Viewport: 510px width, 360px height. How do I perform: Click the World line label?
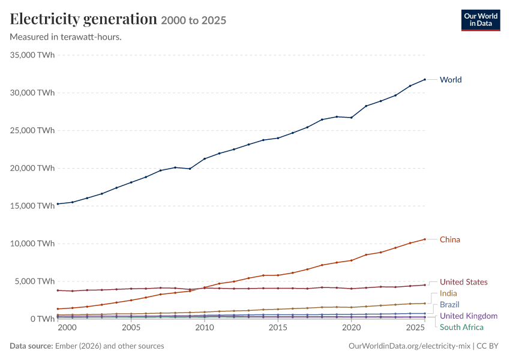[x=451, y=80]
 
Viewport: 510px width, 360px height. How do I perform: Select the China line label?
[x=450, y=239]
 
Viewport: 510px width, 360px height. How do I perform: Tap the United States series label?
[x=463, y=282]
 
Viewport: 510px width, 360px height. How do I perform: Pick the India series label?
[x=448, y=293]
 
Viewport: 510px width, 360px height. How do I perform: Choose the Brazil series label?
[x=449, y=305]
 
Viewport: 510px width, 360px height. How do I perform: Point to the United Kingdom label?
[x=469, y=316]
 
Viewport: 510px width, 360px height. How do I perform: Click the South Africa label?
[x=461, y=327]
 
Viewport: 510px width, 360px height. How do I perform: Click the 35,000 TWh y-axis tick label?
[x=32, y=55]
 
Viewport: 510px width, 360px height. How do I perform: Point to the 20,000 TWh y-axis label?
[x=32, y=168]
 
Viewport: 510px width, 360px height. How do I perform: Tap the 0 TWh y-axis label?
[x=43, y=319]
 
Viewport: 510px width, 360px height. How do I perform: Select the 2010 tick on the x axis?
[x=205, y=328]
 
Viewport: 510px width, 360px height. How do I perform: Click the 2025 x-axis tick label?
[x=415, y=328]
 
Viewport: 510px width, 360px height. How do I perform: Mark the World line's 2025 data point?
[x=425, y=79]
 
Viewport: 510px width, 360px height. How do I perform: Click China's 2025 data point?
[x=425, y=239]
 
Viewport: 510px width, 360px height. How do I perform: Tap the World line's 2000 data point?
[x=58, y=204]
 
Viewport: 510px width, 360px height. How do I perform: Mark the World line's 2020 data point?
[x=352, y=118]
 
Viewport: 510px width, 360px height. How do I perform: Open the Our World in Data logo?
[x=481, y=20]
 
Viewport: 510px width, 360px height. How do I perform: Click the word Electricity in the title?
[x=44, y=19]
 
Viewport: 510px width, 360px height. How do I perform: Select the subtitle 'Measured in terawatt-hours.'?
[x=66, y=37]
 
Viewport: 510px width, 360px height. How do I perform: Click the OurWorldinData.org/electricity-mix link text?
[x=409, y=346]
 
